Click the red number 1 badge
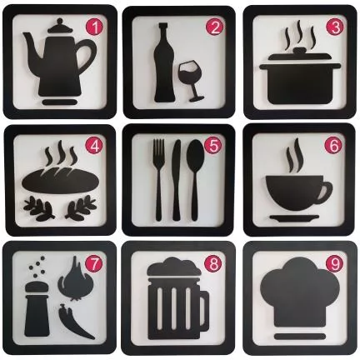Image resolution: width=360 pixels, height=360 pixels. (95, 28)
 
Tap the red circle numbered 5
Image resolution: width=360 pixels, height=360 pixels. (212, 145)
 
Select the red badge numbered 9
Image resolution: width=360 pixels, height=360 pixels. (334, 263)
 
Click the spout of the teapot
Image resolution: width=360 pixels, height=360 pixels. (31, 44)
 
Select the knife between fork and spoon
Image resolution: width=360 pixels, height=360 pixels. (177, 180)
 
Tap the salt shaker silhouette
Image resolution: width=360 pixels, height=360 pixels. (37, 312)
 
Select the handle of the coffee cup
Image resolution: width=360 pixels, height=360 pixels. (325, 192)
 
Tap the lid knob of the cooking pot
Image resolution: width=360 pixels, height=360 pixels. (299, 52)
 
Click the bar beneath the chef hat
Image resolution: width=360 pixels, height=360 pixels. (299, 337)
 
